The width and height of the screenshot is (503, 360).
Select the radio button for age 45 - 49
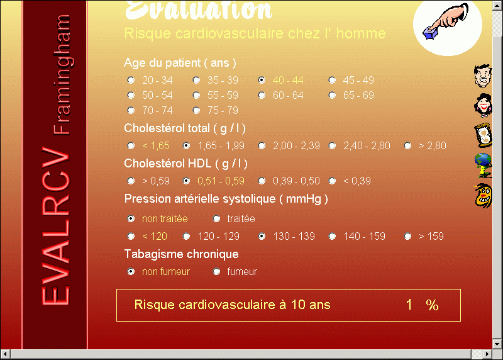[333, 80]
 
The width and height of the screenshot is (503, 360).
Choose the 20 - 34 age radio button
[131, 80]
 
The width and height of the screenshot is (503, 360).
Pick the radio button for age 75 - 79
[196, 111]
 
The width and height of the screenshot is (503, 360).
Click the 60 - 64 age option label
[288, 96]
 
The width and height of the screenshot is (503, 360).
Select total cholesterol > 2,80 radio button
[407, 146]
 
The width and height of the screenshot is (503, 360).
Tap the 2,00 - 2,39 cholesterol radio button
[262, 146]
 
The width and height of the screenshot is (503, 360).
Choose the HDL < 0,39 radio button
[333, 181]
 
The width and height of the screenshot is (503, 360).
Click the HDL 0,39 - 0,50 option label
[296, 181]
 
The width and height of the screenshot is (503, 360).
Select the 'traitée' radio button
[216, 218]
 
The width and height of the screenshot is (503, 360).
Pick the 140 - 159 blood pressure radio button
[333, 237]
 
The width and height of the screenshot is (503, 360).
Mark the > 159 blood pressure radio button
[407, 237]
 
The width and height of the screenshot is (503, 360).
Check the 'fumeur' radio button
[216, 272]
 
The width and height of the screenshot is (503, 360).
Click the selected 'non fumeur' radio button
[131, 272]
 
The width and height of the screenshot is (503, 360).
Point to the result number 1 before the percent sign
[409, 305]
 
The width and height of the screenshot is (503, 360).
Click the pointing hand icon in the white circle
[446, 21]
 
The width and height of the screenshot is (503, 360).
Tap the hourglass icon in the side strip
[483, 135]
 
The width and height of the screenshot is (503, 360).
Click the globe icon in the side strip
[483, 166]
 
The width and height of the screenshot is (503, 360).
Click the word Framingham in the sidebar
[61, 74]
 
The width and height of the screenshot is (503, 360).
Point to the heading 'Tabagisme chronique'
[182, 254]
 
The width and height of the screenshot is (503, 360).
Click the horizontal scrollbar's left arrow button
[5, 354]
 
